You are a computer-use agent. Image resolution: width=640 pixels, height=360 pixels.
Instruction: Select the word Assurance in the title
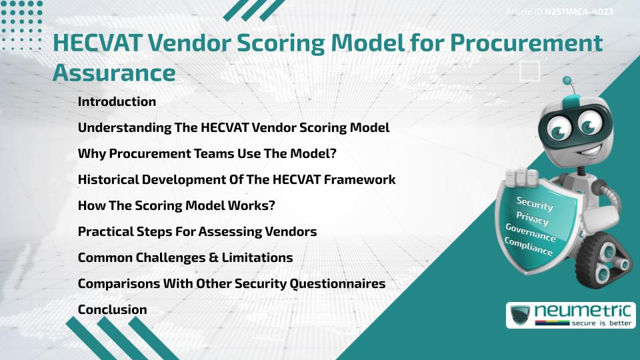click(114, 71)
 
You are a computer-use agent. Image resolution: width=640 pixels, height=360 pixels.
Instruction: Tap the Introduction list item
click(117, 102)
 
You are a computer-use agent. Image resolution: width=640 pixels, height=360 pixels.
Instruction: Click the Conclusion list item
click(112, 309)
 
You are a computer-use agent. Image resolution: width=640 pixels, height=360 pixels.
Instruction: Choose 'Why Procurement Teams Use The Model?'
click(207, 154)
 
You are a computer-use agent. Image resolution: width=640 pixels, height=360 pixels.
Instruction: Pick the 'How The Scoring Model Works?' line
click(176, 206)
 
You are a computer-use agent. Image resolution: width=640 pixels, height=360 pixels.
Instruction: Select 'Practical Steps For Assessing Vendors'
click(197, 232)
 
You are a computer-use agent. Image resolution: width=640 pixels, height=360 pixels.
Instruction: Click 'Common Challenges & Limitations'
click(185, 257)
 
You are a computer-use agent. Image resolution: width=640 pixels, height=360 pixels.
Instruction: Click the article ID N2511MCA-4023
click(578, 12)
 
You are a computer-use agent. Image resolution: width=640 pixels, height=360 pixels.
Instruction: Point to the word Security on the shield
click(535, 204)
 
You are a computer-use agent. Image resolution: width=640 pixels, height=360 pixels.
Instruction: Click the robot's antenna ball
click(568, 82)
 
